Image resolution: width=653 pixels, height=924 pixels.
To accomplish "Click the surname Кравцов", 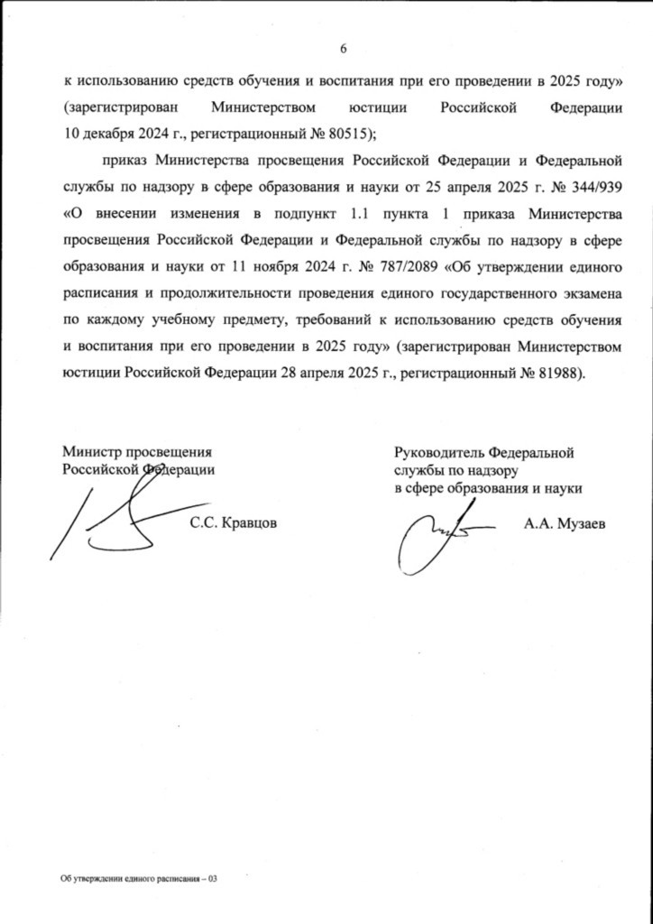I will tap(243, 522).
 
